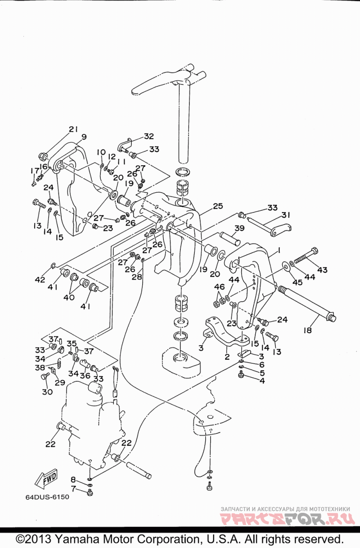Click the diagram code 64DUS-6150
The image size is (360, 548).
[47, 497]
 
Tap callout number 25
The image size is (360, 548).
[218, 206]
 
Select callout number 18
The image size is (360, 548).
[307, 330]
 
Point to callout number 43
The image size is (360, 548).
[322, 270]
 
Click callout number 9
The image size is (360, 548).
[84, 137]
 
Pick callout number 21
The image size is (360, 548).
[73, 129]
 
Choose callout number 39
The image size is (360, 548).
[239, 228]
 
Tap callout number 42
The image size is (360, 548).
[40, 279]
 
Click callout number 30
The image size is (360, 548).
[47, 392]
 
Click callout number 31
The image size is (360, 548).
[285, 215]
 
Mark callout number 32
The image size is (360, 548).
[149, 136]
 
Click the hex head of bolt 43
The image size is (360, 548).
[314, 251]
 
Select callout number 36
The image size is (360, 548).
[85, 375]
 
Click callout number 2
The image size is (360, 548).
[227, 357]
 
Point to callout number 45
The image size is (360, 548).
[297, 282]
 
